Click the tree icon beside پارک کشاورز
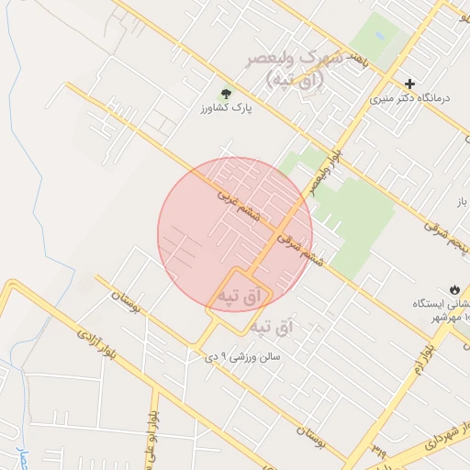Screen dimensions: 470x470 225,94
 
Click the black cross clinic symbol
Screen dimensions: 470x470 410,84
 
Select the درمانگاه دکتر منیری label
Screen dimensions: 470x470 413,97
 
